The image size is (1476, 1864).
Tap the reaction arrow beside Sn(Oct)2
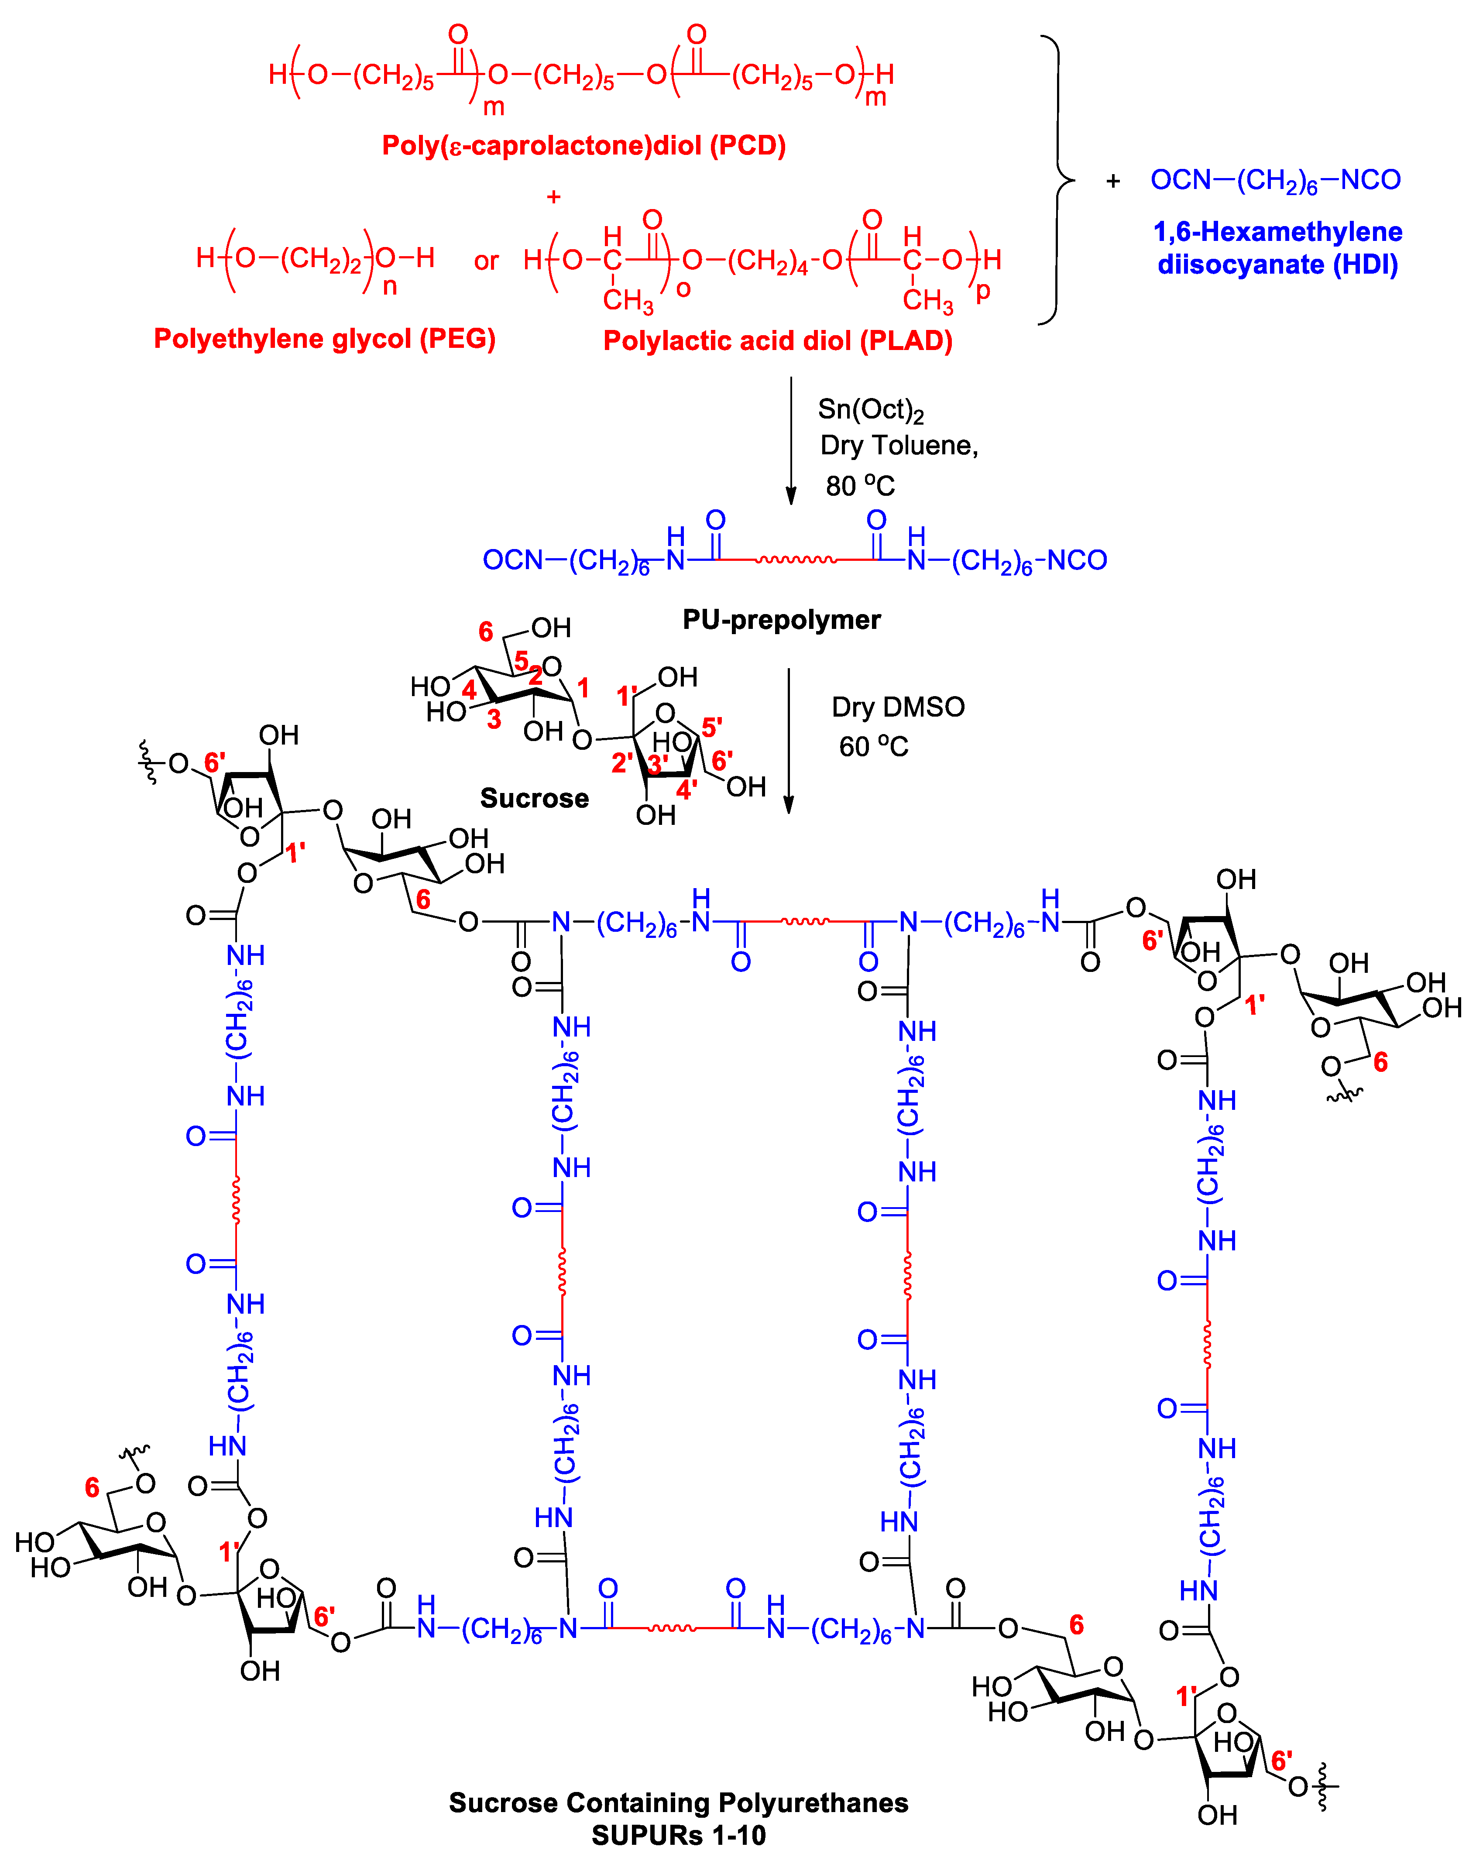(791, 441)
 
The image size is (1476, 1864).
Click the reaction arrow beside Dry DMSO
(788, 741)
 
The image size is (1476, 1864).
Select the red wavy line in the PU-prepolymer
(795, 560)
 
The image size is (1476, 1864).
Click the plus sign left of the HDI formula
(1113, 182)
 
